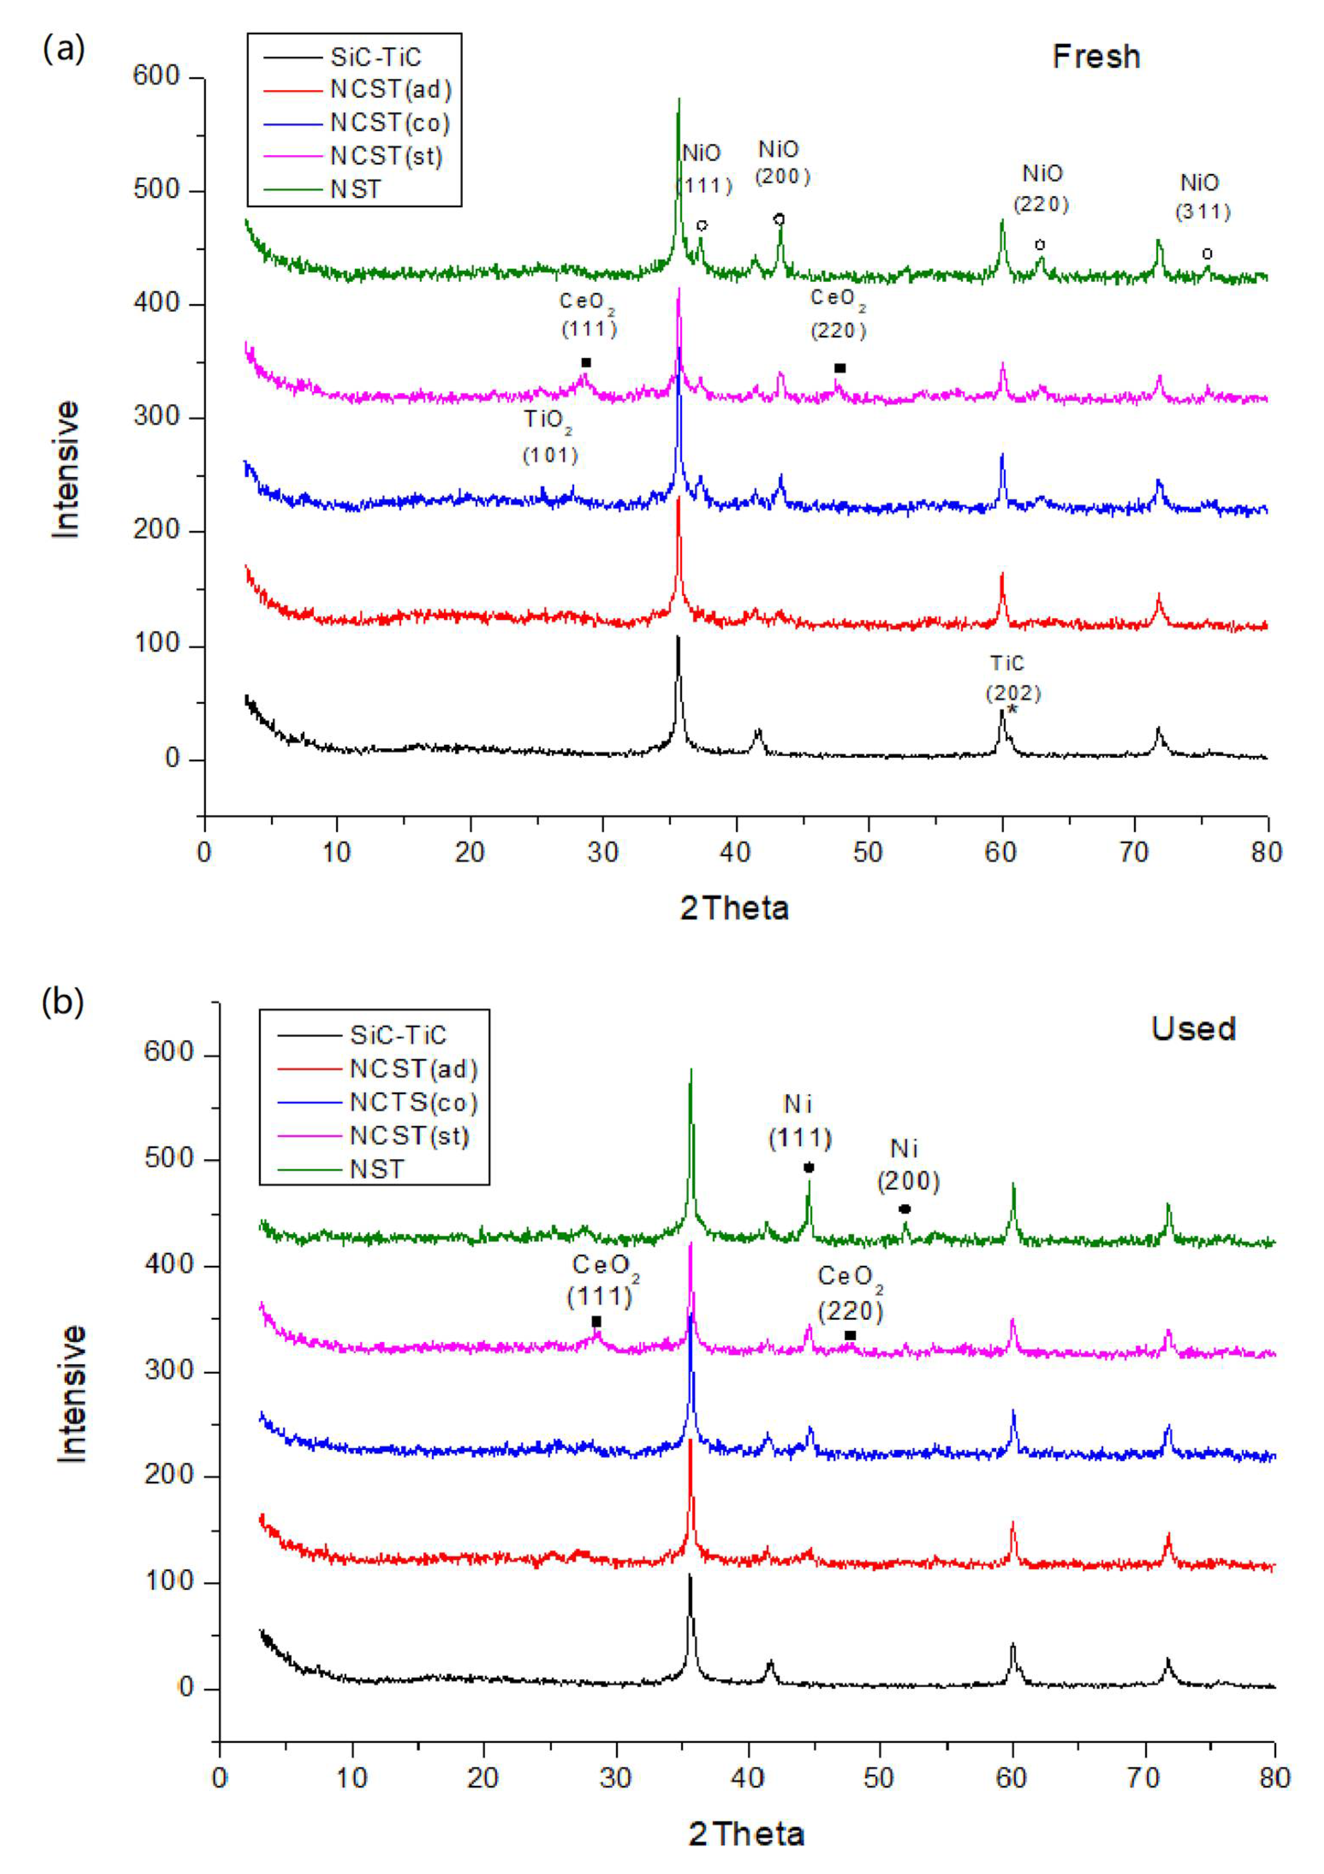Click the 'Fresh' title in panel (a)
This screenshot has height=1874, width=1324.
[x=1095, y=56]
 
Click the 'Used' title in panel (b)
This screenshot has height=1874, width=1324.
[x=1193, y=1028]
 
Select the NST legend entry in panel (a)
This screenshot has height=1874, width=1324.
[x=356, y=189]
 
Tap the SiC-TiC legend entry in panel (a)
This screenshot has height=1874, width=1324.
[x=375, y=57]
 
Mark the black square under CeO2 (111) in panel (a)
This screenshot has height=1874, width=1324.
[x=586, y=362]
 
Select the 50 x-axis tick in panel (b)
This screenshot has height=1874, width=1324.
[x=878, y=1778]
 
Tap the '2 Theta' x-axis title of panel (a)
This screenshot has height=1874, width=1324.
[x=734, y=908]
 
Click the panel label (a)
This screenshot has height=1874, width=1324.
[x=63, y=49]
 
